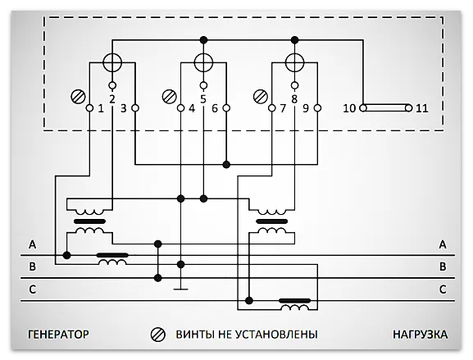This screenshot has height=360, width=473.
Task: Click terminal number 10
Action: (348, 108)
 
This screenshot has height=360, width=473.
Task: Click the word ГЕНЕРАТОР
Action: (57, 335)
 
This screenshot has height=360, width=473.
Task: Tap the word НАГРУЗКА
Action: (418, 335)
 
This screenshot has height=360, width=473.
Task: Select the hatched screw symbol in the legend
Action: (157, 335)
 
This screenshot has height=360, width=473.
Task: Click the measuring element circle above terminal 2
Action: (112, 62)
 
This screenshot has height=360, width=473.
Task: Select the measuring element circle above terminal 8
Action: (295, 62)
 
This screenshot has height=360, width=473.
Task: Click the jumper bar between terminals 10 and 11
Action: (385, 108)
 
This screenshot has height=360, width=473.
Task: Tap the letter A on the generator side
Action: (32, 245)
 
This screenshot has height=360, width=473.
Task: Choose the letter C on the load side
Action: (442, 289)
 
